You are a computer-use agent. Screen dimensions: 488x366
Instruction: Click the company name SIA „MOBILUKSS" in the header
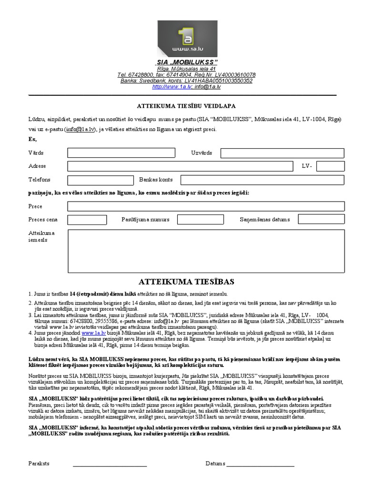click(186, 63)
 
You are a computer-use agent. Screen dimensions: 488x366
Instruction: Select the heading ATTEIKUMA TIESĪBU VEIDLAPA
click(183, 106)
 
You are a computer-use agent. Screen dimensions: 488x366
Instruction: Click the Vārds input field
click(121, 153)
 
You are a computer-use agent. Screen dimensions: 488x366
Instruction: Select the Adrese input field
click(181, 166)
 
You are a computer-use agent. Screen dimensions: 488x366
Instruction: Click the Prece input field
click(206, 206)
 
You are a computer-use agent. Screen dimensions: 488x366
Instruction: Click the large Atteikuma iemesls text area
click(206, 250)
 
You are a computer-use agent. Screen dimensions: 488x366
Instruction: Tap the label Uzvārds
click(202, 153)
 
